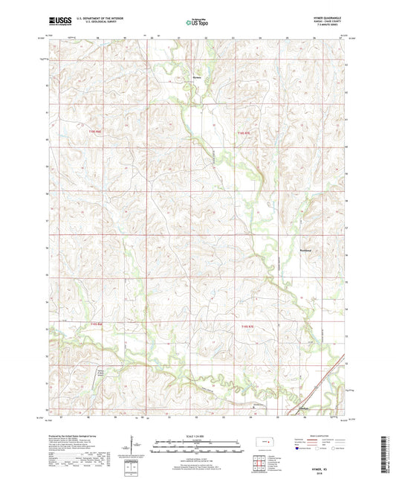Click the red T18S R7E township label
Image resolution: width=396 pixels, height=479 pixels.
click(x=244, y=134)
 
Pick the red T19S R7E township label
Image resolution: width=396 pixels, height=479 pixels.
click(x=247, y=326)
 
